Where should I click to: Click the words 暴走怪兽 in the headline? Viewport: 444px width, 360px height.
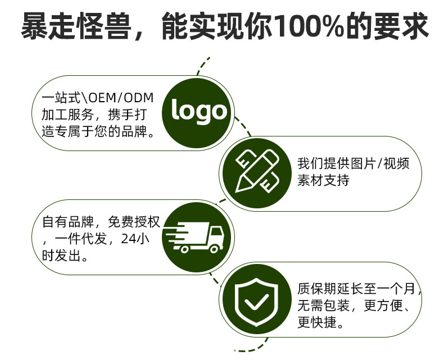coord(72,27)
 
